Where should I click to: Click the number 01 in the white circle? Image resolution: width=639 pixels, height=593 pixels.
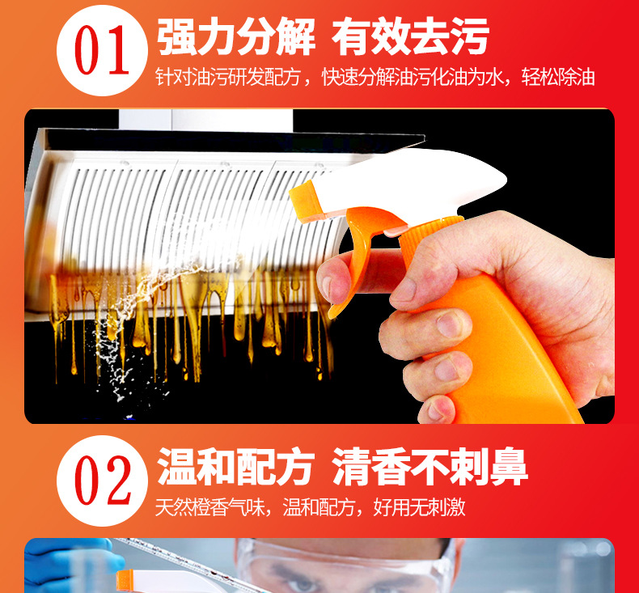(103, 51)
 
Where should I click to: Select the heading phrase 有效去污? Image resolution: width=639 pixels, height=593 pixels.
(410, 38)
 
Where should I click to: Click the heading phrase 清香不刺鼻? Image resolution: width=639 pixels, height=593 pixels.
(430, 468)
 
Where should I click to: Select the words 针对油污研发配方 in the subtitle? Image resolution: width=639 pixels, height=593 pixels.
(228, 78)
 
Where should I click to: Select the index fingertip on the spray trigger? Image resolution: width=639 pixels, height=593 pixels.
(328, 285)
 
